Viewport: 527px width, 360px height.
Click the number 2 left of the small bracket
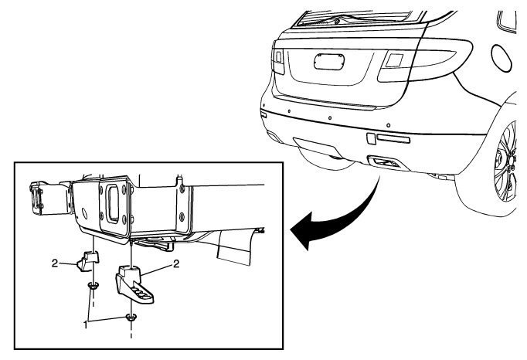point(55,263)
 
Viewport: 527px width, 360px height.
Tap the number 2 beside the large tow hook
point(178,263)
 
